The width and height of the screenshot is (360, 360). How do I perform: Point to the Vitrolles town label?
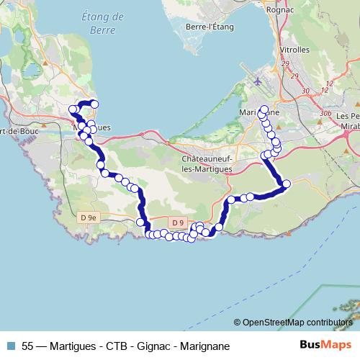(x=293, y=50)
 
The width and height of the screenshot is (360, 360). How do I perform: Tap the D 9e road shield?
(x=89, y=217)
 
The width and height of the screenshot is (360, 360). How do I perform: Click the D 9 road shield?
(x=179, y=222)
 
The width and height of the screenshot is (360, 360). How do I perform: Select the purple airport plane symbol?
(x=258, y=81)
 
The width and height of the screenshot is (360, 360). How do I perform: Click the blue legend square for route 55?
(x=12, y=346)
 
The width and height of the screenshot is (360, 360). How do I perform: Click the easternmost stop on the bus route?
(x=286, y=184)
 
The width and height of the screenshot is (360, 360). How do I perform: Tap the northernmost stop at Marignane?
(x=264, y=109)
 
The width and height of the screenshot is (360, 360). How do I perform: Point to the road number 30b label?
(x=325, y=113)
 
